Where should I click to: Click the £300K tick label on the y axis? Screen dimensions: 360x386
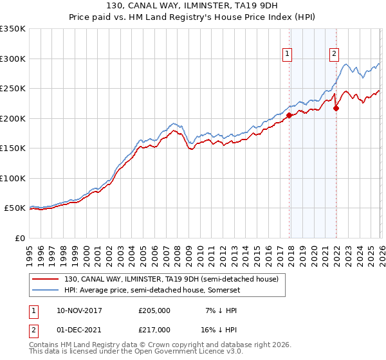click(x=13, y=59)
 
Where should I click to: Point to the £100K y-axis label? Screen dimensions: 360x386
click(x=13, y=178)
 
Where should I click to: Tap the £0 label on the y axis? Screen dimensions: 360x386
click(x=19, y=238)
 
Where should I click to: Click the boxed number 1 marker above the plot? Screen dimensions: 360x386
click(x=286, y=55)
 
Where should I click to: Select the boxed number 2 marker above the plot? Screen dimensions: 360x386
click(x=335, y=55)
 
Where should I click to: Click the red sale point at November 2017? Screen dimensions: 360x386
click(x=289, y=116)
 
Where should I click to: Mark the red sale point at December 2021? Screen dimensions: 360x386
click(x=336, y=108)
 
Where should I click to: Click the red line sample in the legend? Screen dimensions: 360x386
click(x=46, y=279)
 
